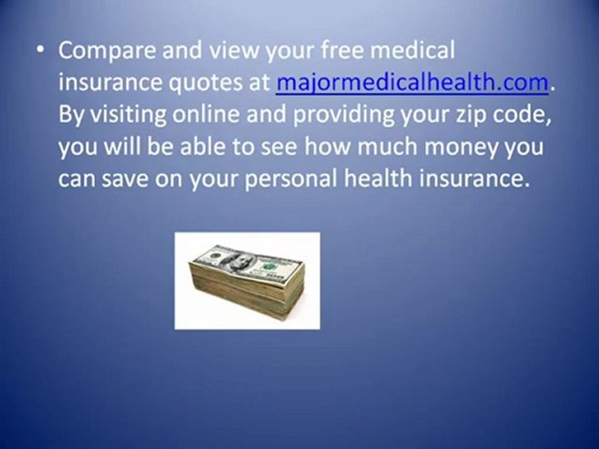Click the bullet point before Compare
click(x=41, y=52)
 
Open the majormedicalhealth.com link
click(x=411, y=84)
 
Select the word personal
click(x=291, y=179)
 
